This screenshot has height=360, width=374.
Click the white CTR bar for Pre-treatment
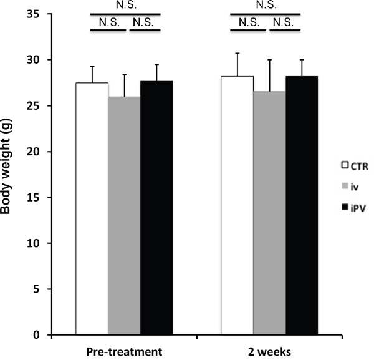92,208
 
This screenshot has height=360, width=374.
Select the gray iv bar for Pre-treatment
124,216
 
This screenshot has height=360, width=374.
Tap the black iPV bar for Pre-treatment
156,208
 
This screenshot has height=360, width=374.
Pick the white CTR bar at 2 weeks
237,205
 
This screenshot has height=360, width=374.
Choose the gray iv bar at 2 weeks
269,213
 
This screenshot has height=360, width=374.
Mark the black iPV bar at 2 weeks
302,205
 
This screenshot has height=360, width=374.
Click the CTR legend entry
355,166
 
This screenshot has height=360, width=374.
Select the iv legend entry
350,187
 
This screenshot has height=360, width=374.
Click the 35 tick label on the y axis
33,14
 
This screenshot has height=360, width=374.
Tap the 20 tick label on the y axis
33,152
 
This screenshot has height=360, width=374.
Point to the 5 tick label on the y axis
36,289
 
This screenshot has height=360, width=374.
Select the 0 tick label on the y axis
36,335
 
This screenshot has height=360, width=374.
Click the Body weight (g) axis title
6,166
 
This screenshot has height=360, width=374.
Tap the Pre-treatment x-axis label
124,352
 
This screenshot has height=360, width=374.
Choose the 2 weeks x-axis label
269,352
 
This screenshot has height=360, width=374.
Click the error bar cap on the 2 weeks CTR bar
237,53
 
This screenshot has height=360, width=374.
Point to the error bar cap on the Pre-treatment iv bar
124,75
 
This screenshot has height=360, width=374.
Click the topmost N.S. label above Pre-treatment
126,5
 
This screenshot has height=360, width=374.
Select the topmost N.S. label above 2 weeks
266,5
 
